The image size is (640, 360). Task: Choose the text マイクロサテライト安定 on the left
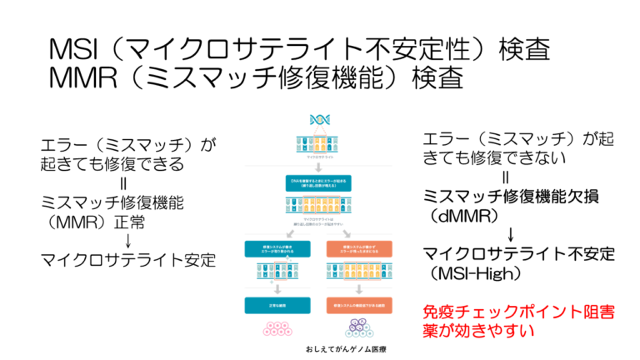[x=128, y=260]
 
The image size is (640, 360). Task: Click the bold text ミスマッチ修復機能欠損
[x=517, y=195]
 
